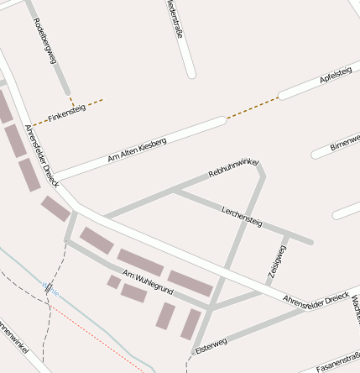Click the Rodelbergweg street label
(x=45, y=41)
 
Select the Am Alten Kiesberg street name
(x=138, y=150)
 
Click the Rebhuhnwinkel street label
(x=234, y=167)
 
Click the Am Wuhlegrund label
(x=148, y=282)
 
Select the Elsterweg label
(x=211, y=345)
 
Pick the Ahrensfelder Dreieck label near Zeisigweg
(x=316, y=298)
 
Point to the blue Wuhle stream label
(x=51, y=289)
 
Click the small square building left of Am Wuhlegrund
(x=113, y=281)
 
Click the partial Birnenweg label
(x=345, y=140)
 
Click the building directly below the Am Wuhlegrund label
(x=133, y=292)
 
